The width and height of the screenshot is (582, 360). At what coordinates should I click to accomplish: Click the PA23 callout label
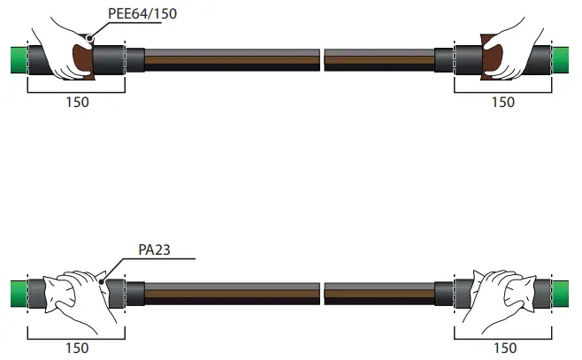(155, 249)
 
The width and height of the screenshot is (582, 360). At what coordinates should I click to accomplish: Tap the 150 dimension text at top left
(78, 103)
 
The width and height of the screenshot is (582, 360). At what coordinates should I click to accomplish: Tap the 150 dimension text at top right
(502, 103)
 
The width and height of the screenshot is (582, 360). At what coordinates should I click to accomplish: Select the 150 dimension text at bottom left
(78, 349)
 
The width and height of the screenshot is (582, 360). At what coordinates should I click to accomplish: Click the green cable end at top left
(15, 59)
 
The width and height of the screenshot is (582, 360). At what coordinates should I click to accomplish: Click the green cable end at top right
(564, 59)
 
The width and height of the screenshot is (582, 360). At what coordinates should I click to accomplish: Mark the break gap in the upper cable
(321, 60)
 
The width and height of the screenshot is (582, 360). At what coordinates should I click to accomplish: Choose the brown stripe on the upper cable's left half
(230, 60)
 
